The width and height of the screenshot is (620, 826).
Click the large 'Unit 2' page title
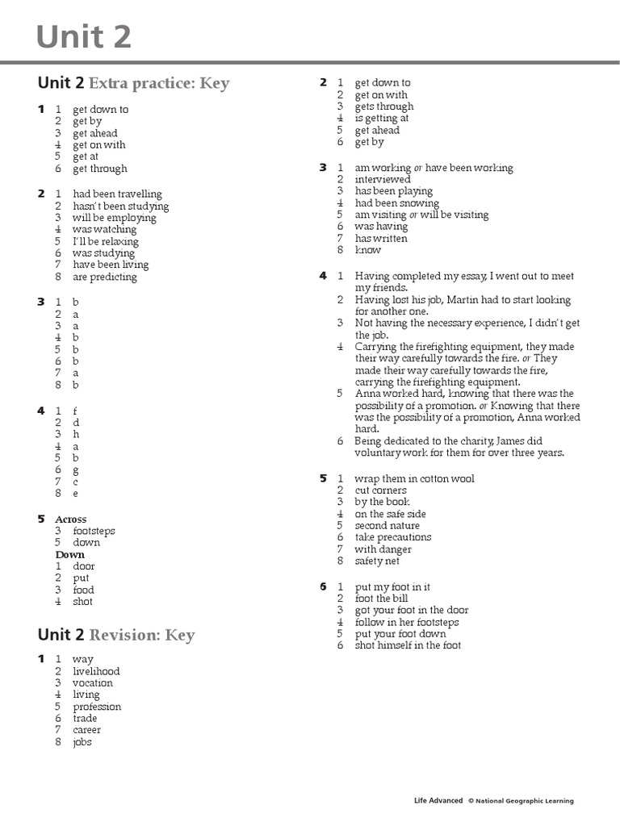tap(84, 36)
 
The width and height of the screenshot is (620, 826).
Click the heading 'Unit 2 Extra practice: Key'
tap(133, 83)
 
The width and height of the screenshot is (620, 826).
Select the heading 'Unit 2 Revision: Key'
tap(116, 635)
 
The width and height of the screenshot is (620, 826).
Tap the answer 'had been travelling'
tap(117, 194)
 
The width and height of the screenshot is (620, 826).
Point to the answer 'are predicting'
tap(105, 277)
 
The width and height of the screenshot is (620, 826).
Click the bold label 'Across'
tap(71, 519)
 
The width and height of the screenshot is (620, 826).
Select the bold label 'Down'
tap(70, 555)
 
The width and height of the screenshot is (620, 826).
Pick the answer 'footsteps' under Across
tap(94, 532)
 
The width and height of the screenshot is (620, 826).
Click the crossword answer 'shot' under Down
tap(82, 602)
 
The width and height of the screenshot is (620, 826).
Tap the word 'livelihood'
tap(96, 671)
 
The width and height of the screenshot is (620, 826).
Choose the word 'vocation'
tap(93, 683)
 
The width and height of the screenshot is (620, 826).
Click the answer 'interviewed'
tap(383, 180)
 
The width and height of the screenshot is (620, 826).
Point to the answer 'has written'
tap(381, 239)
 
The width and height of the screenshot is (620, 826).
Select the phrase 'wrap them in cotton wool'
tap(414, 479)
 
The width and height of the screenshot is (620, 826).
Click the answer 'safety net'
tap(377, 561)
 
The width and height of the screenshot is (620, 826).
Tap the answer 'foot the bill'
tap(384, 599)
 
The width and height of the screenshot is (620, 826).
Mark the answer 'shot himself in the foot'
tap(408, 645)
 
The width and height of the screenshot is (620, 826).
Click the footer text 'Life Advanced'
tap(438, 801)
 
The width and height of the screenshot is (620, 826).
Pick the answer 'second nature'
tap(387, 526)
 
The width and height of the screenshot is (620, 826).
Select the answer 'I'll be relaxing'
tap(106, 241)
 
